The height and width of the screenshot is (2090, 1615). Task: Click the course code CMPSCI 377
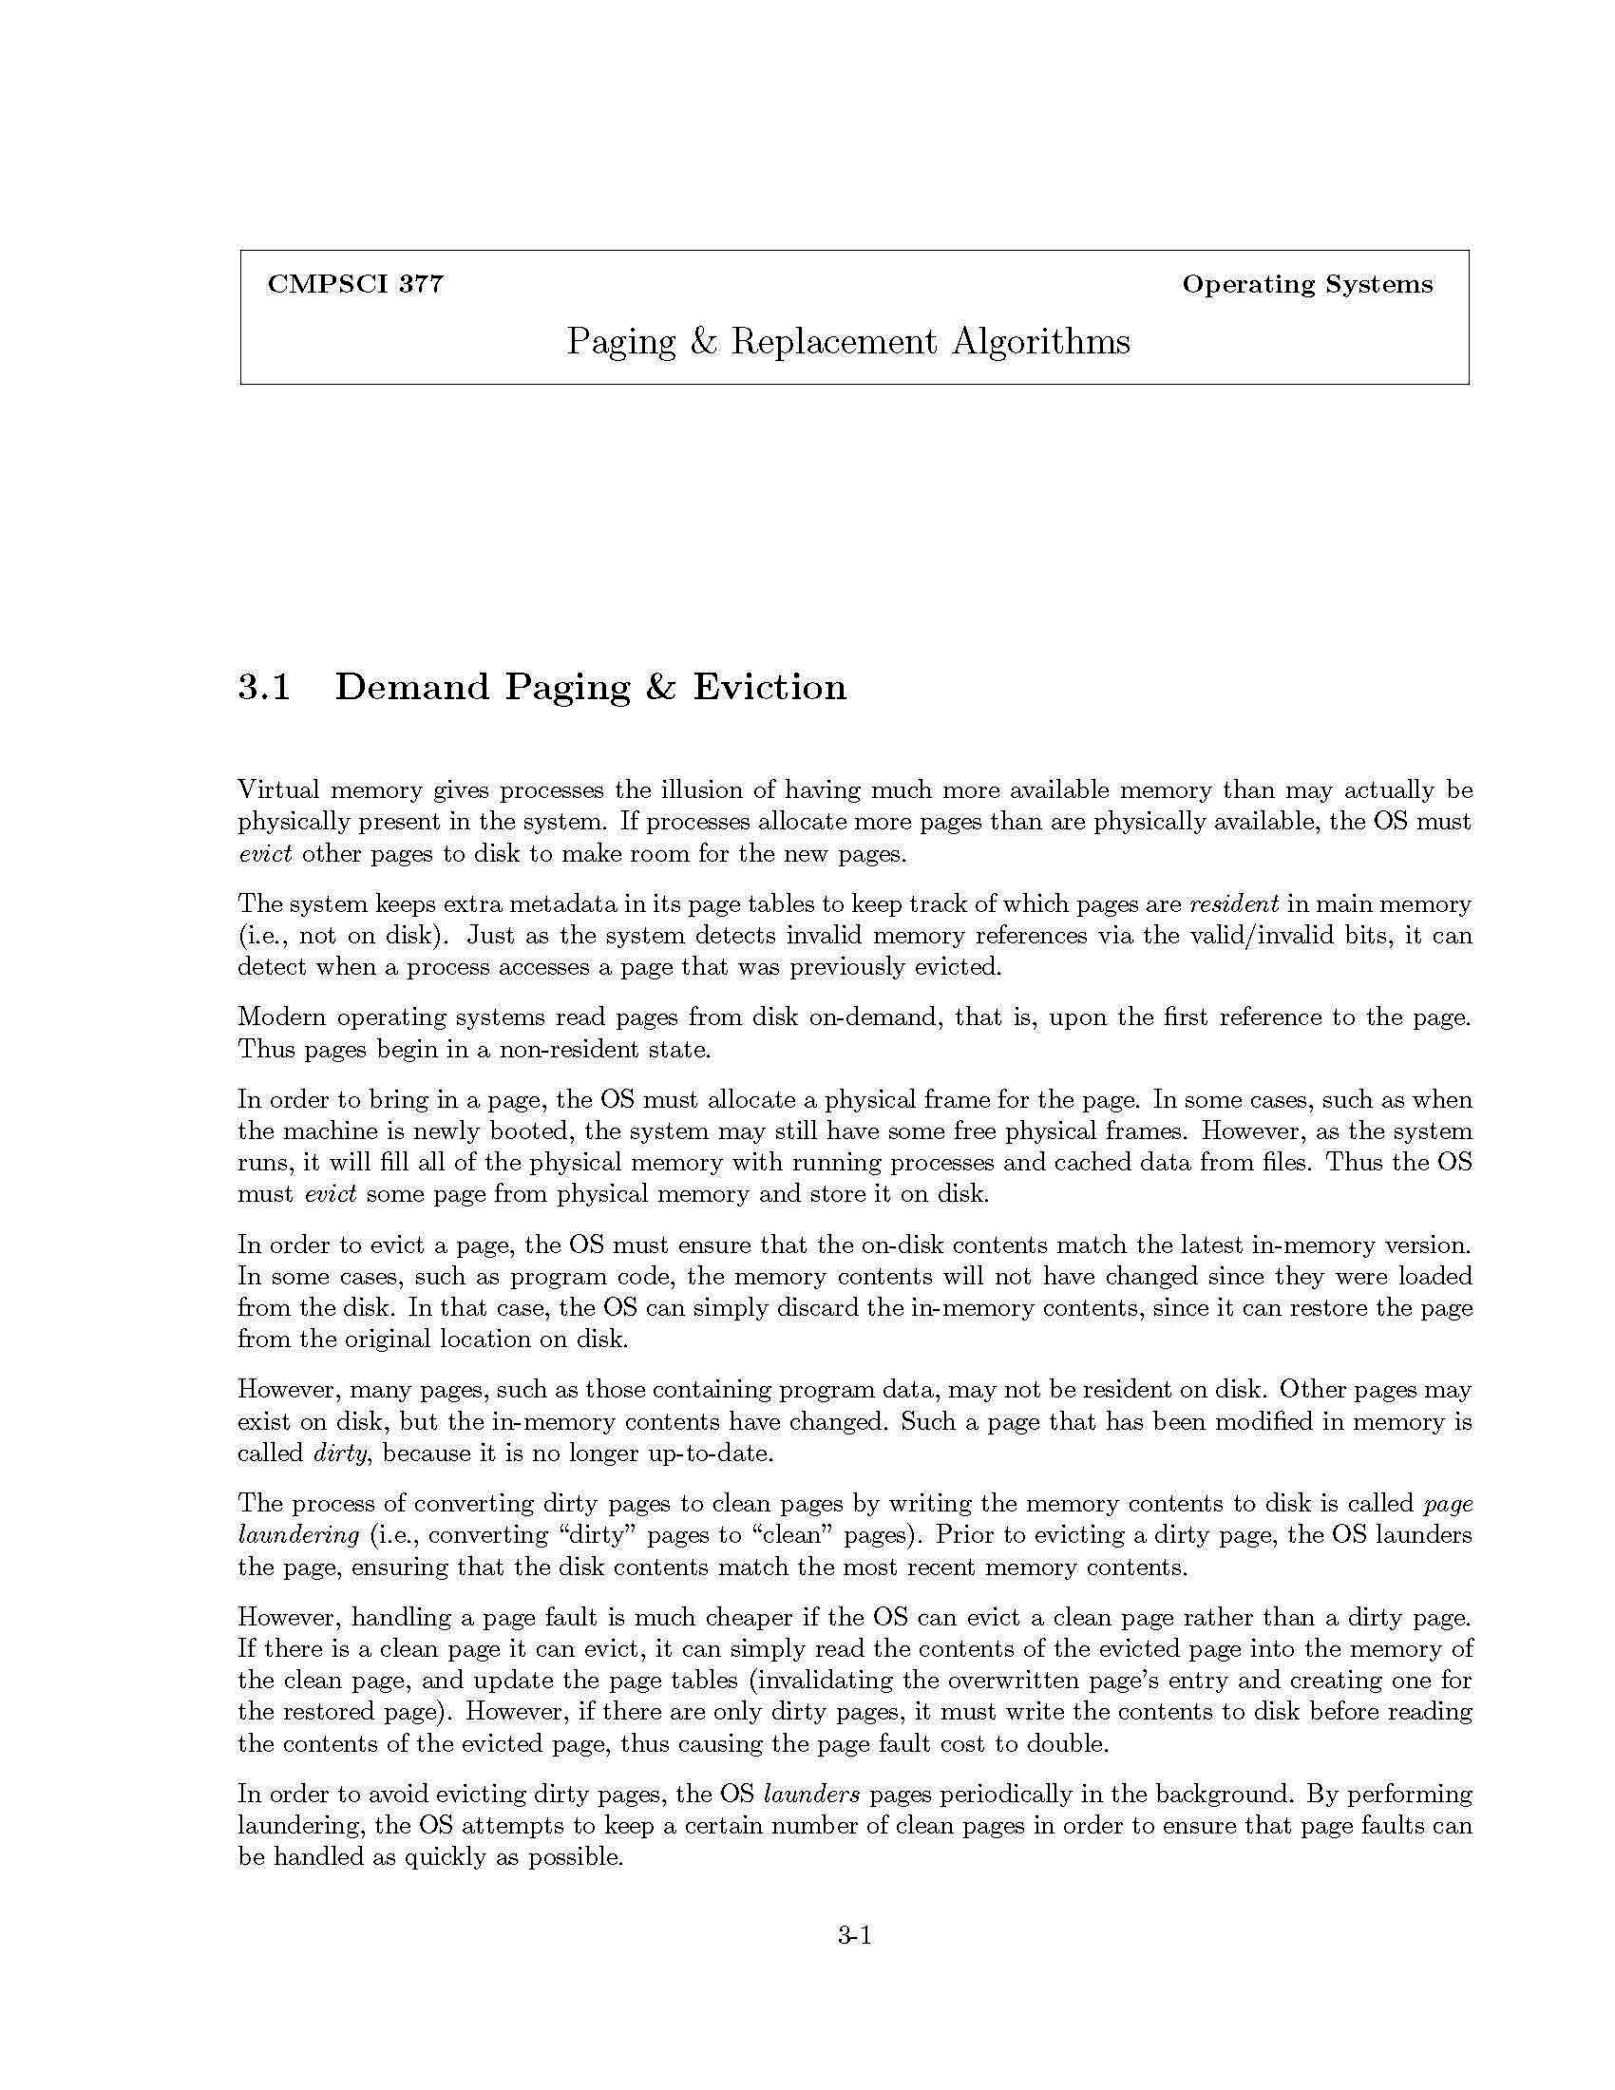[355, 284]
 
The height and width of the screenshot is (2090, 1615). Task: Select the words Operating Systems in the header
[1307, 284]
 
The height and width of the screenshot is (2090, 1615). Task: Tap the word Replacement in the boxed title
[833, 342]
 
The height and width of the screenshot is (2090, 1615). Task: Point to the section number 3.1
[264, 687]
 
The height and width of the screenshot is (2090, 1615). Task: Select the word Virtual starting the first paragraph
[277, 790]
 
